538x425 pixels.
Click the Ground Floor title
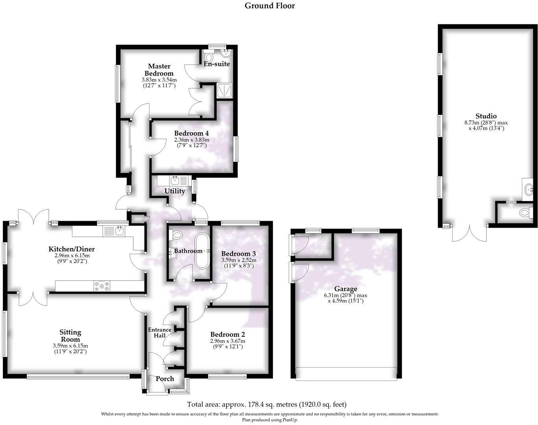(x=269, y=6)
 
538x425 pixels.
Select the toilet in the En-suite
(x=209, y=57)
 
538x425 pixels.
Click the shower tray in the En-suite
(x=225, y=90)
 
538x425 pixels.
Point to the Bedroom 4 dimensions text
(x=192, y=142)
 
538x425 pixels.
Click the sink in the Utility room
(x=175, y=181)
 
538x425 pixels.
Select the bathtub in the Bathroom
(x=203, y=251)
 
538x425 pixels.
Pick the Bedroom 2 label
(x=227, y=334)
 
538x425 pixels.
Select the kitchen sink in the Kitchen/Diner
(x=118, y=231)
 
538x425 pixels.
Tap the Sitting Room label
(x=70, y=336)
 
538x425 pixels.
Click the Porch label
(x=165, y=379)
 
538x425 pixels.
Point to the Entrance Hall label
(x=159, y=333)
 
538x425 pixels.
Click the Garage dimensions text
(x=346, y=298)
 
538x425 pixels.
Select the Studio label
(x=486, y=116)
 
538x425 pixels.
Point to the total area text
(x=266, y=404)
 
